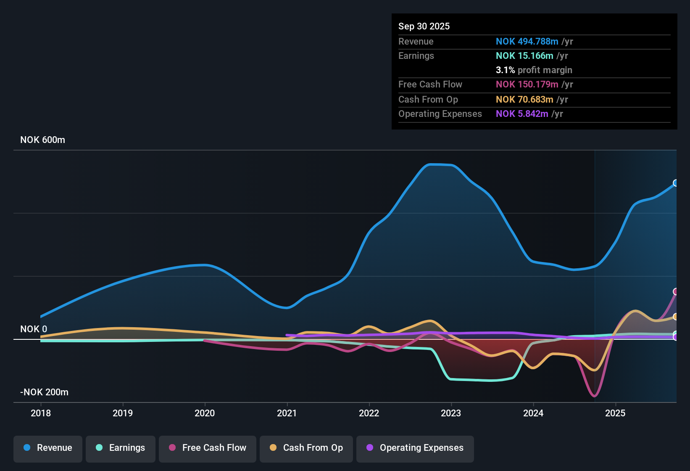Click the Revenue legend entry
coord(48,448)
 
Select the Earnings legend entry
coord(121,448)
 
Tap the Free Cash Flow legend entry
coord(208,448)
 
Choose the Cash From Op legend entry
coord(306,448)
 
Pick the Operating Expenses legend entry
coord(415,448)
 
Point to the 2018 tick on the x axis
coord(41,413)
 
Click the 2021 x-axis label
coord(287,413)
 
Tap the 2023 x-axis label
coord(451,413)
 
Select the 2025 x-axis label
coord(615,413)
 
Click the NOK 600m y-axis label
coord(42,140)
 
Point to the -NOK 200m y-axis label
coord(44,392)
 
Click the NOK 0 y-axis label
coord(34,329)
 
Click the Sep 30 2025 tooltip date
coord(424,26)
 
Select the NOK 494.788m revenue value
coord(527,42)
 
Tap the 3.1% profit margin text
coord(534,70)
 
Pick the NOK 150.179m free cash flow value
coord(527,85)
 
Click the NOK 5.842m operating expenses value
coord(522,114)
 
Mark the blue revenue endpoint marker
coord(676,183)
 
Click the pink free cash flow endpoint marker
coord(676,291)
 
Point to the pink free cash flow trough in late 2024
coord(594,396)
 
